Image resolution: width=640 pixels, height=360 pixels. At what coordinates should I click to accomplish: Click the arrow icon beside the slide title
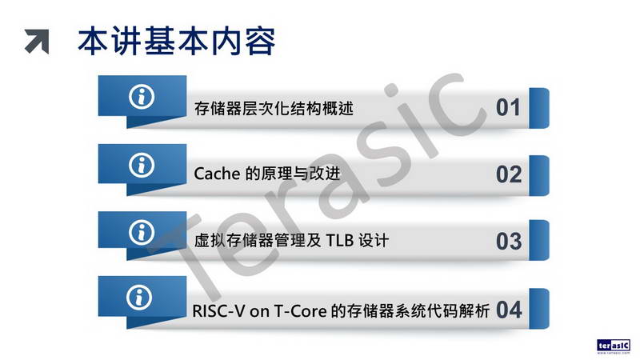tap(37, 42)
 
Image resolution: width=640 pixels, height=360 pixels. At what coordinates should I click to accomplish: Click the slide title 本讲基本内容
tap(176, 42)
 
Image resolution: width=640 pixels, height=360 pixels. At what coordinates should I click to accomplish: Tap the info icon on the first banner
tap(142, 97)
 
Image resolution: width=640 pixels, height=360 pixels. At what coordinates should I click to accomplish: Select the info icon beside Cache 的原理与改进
tap(142, 165)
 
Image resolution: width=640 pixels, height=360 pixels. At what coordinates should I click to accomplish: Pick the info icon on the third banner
tap(142, 232)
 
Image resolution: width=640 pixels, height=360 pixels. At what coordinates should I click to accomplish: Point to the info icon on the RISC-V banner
tap(139, 297)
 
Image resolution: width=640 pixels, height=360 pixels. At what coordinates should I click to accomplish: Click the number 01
tap(508, 108)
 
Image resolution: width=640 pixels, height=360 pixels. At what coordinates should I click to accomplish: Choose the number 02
tap(509, 174)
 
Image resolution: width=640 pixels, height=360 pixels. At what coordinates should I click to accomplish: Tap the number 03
tap(509, 242)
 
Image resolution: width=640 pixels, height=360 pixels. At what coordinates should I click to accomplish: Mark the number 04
tap(509, 310)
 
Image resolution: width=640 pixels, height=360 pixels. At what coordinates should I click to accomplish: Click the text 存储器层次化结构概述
tap(274, 109)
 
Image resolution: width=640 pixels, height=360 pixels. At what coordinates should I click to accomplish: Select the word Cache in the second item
tap(217, 174)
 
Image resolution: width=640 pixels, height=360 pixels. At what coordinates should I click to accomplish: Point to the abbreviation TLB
tap(339, 241)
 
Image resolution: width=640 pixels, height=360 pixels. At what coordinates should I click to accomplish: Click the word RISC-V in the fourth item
tap(218, 311)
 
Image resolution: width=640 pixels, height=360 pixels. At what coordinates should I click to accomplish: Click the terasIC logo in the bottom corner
tap(614, 346)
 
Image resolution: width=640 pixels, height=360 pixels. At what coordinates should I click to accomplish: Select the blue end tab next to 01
tap(539, 108)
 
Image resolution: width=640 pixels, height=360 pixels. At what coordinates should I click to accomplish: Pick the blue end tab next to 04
tap(539, 309)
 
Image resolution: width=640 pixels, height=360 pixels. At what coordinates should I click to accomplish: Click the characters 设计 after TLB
tap(374, 241)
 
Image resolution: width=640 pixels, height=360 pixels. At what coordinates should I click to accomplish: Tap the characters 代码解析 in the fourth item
tap(458, 311)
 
